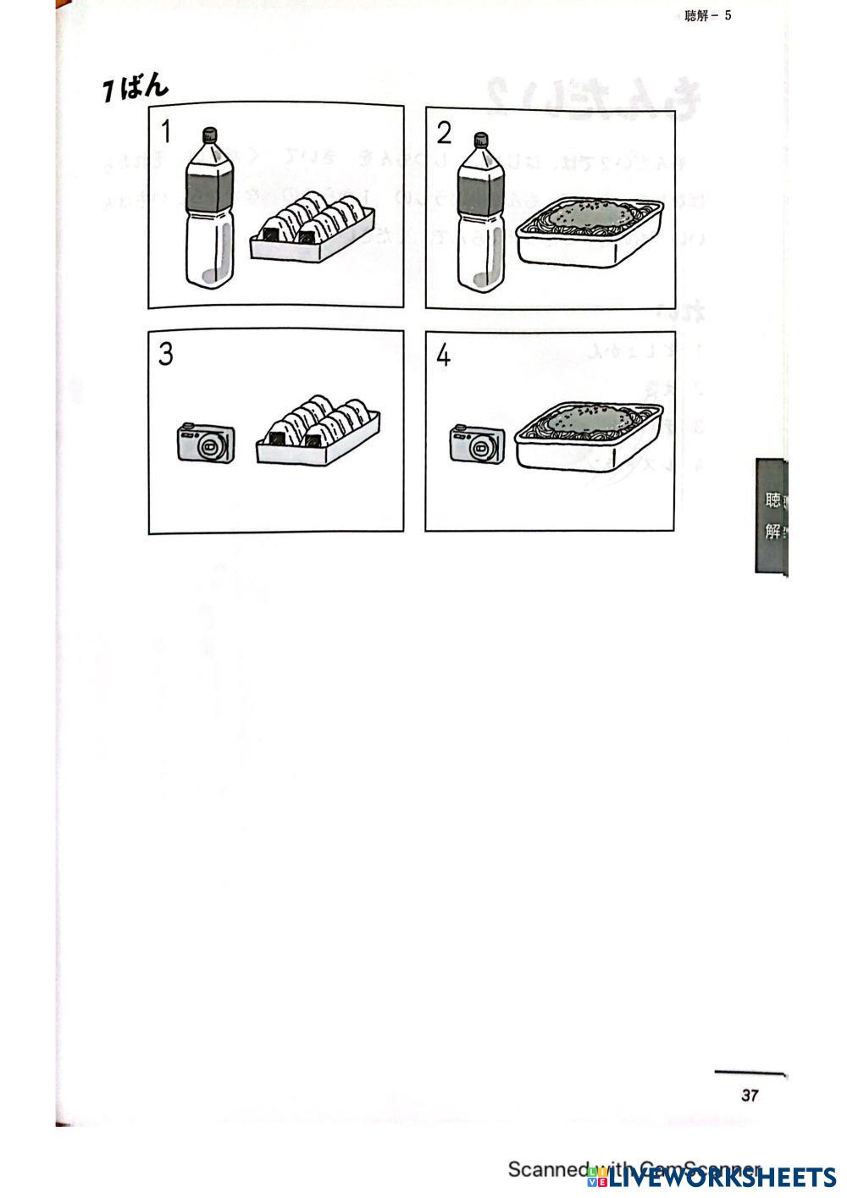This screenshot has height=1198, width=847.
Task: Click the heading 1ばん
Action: (x=135, y=87)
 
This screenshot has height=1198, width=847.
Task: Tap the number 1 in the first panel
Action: (x=166, y=132)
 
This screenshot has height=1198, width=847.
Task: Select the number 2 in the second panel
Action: (x=444, y=133)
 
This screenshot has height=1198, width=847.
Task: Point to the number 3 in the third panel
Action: (x=165, y=354)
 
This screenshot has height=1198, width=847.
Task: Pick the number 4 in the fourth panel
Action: (x=443, y=356)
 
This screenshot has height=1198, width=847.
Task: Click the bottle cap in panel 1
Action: (x=208, y=135)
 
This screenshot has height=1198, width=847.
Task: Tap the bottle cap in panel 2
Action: (x=482, y=140)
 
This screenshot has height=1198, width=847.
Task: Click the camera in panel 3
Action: (x=206, y=442)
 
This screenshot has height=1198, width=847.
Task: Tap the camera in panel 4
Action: (x=478, y=444)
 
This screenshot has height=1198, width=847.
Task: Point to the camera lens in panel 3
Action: (x=211, y=444)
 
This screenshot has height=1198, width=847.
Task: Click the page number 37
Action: (x=750, y=1096)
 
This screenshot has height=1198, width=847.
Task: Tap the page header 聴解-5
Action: (x=707, y=15)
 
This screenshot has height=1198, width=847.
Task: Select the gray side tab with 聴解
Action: (x=771, y=515)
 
